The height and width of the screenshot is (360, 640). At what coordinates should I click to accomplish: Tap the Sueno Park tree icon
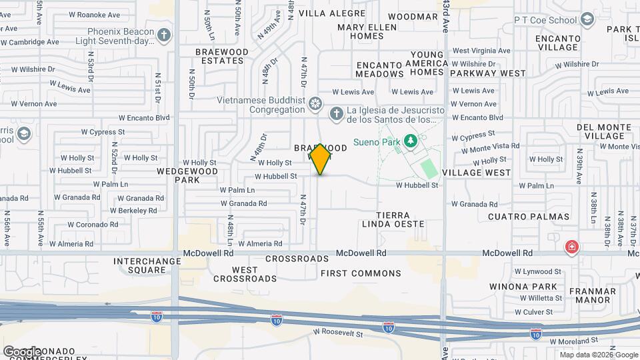[x=411, y=141]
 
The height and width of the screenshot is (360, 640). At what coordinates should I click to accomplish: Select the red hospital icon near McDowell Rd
[x=571, y=248]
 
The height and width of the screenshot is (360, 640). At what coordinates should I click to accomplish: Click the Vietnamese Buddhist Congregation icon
[x=315, y=104]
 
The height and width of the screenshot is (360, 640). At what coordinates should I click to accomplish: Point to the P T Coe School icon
[x=587, y=19]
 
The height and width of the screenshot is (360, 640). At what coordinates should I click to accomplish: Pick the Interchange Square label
[x=139, y=265]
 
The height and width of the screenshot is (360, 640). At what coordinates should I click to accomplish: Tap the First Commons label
[x=361, y=273]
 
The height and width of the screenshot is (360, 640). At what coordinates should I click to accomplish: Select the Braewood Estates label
[x=221, y=56]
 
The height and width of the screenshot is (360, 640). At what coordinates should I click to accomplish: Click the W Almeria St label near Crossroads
[x=260, y=244]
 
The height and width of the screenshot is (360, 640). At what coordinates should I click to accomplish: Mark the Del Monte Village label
[x=603, y=131]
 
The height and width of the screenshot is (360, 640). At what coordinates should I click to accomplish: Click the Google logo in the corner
[x=22, y=351]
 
